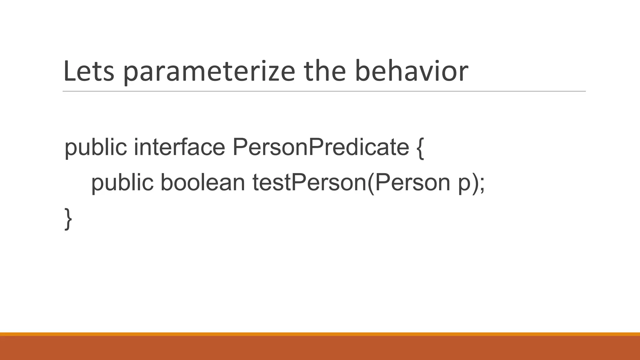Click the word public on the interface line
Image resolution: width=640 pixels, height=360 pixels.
pos(96,147)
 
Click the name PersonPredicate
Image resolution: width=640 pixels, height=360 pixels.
pos(321,147)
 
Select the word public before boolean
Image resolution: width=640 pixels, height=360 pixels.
pos(122,183)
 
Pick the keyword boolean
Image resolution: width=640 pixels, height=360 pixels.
pos(202,182)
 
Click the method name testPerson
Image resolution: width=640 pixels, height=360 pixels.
pos(309,182)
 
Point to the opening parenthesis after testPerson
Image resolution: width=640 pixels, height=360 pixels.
pos(371,183)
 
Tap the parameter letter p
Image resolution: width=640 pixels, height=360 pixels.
pos(464,184)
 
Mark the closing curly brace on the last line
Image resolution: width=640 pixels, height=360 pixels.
pos(68,219)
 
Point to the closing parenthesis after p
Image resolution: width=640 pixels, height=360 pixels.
pos(475,183)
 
